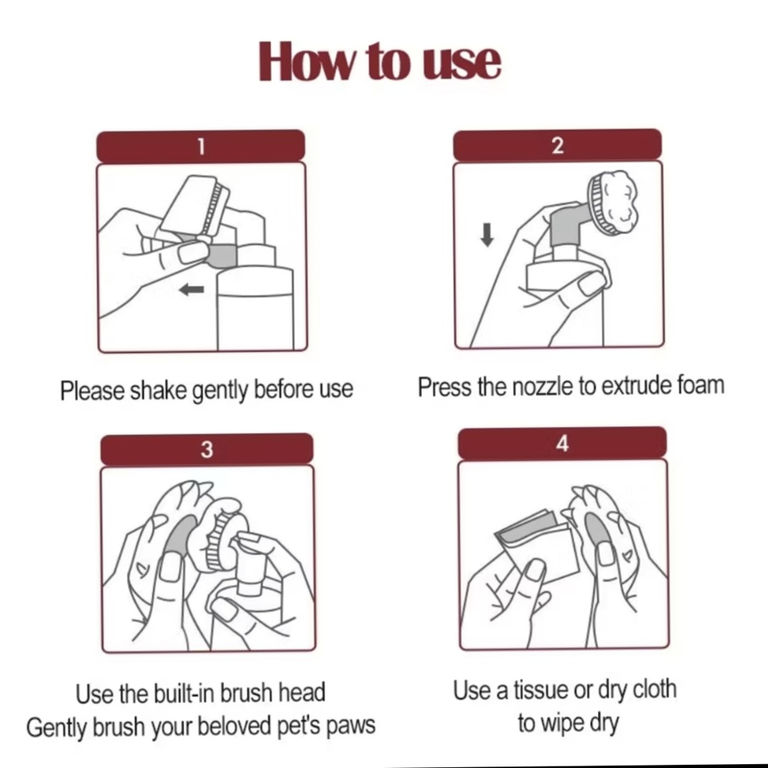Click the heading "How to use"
379,61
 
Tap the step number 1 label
200,146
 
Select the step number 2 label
558,145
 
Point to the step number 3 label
207,449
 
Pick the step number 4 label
562,443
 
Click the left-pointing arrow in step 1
191,290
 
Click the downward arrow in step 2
487,234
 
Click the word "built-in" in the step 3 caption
184,693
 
